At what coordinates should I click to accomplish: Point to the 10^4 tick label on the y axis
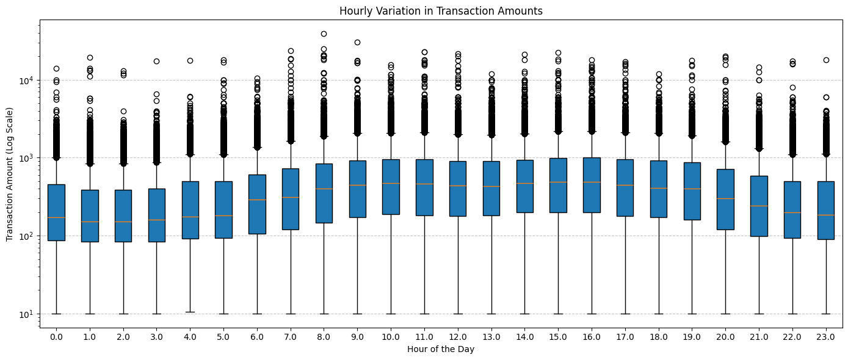28,81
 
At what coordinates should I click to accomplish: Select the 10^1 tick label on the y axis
28,314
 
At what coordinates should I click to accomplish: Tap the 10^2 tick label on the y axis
28,236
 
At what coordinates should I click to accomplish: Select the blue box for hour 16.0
591,185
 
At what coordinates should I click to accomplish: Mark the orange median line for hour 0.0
56,217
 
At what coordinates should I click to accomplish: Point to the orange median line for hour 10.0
391,183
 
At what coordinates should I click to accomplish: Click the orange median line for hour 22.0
792,212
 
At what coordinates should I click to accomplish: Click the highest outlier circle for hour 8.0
324,34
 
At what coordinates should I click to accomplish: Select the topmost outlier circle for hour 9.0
357,42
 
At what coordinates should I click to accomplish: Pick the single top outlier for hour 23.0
825,60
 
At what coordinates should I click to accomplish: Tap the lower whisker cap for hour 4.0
190,312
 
